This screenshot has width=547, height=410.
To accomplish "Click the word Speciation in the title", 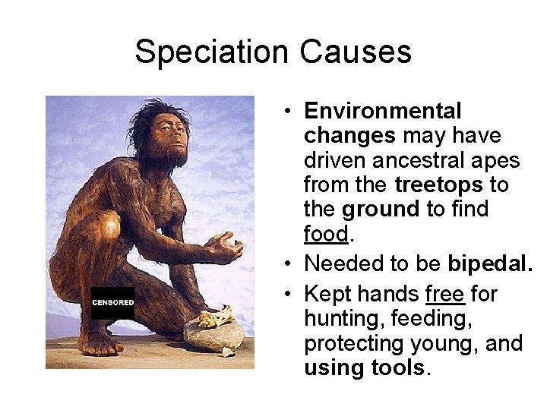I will click(212, 52).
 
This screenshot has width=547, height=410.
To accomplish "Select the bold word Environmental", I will click(382, 111).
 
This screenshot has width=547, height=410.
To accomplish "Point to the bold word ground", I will click(380, 209).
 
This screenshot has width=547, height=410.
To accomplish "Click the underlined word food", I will click(325, 234).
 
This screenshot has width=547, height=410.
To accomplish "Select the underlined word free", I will click(445, 294).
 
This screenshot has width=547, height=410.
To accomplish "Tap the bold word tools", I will click(396, 368).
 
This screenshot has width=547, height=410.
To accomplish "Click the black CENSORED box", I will click(112, 303).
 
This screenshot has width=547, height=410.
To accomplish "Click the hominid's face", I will click(172, 137).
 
